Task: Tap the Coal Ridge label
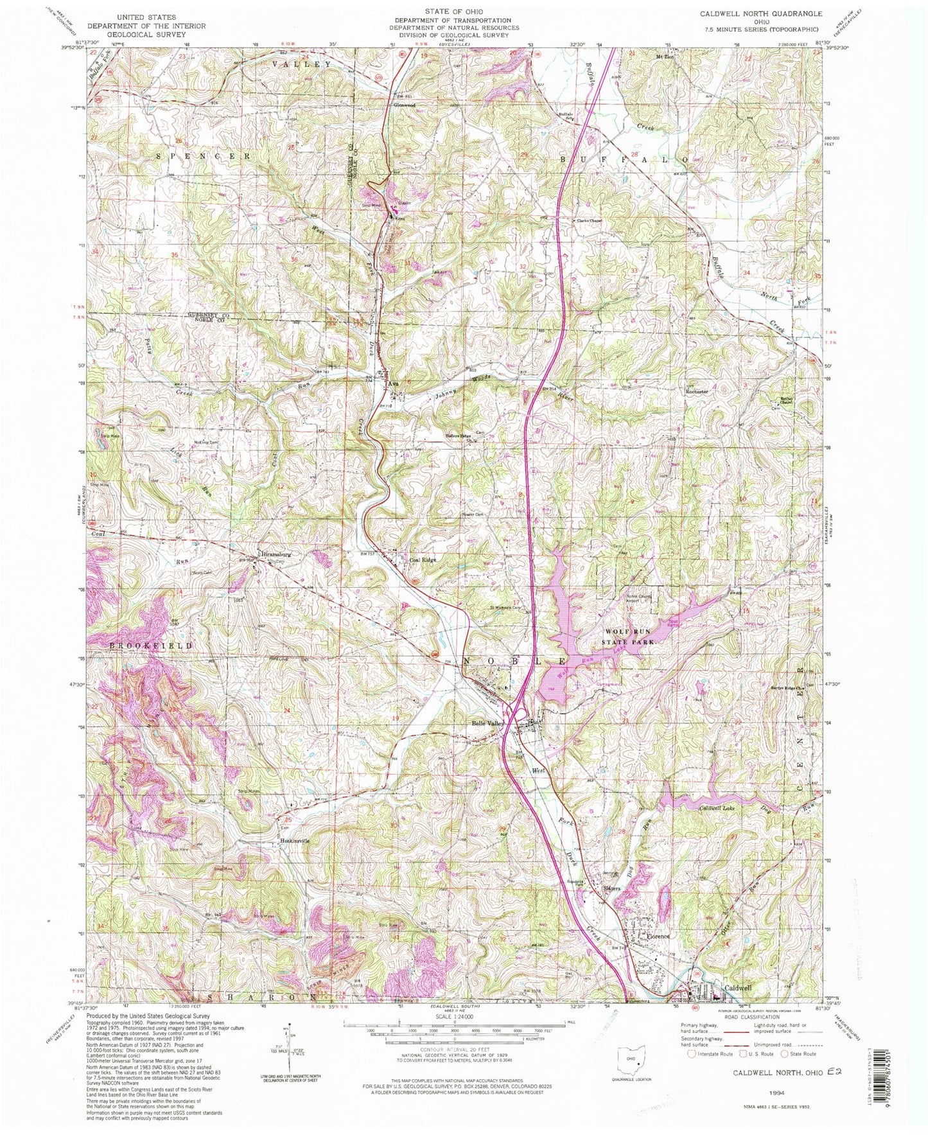(423, 559)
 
